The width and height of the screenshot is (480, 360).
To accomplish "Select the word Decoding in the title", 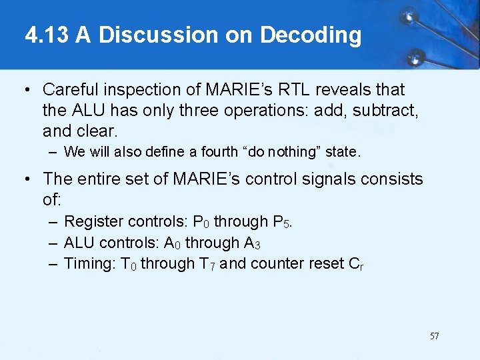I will [311, 35].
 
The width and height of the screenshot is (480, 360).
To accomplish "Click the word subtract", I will [389, 109].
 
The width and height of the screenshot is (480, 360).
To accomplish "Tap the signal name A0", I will [172, 243].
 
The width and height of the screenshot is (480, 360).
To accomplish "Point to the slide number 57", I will [434, 336].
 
